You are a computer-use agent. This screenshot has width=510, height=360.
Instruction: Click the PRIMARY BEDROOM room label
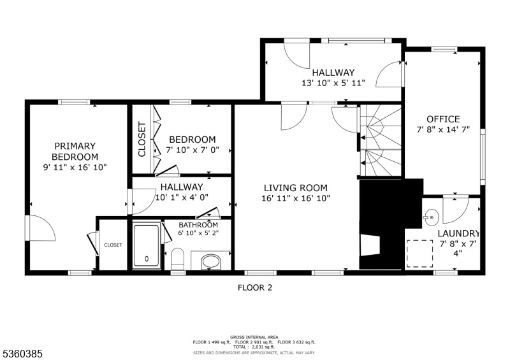coord(75,151)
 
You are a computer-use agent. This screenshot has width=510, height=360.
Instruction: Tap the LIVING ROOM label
coord(296,187)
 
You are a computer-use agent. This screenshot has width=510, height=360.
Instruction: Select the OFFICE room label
coord(443,119)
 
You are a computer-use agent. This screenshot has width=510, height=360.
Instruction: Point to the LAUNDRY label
coord(458,233)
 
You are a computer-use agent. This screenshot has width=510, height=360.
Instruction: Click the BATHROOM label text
coord(198,225)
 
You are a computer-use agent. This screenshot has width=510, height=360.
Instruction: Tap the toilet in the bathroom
coord(178,259)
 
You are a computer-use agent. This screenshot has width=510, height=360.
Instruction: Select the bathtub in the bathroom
coord(147,245)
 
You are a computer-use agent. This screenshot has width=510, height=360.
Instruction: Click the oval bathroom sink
coord(211,261)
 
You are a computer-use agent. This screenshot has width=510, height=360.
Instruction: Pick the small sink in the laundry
coord(431,217)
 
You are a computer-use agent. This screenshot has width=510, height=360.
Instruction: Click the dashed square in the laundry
coord(420,254)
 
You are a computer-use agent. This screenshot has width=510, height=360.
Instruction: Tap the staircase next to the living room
coord(381,140)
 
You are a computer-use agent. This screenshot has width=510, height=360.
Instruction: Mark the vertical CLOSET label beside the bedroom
coord(142,139)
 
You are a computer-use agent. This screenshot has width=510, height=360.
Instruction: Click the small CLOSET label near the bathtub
coord(113,245)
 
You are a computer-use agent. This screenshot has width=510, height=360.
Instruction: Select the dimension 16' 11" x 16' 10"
coord(296,198)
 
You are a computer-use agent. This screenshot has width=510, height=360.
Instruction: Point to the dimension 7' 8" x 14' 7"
coord(443,129)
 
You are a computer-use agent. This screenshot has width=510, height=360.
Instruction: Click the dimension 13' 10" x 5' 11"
coord(333,83)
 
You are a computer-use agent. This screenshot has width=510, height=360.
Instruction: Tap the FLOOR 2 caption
coord(255,287)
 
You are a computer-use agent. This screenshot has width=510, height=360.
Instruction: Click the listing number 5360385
coord(23,354)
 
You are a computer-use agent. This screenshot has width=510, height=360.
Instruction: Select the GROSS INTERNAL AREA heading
coord(254,337)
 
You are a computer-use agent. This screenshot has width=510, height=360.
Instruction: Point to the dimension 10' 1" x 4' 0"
coord(182,197)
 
